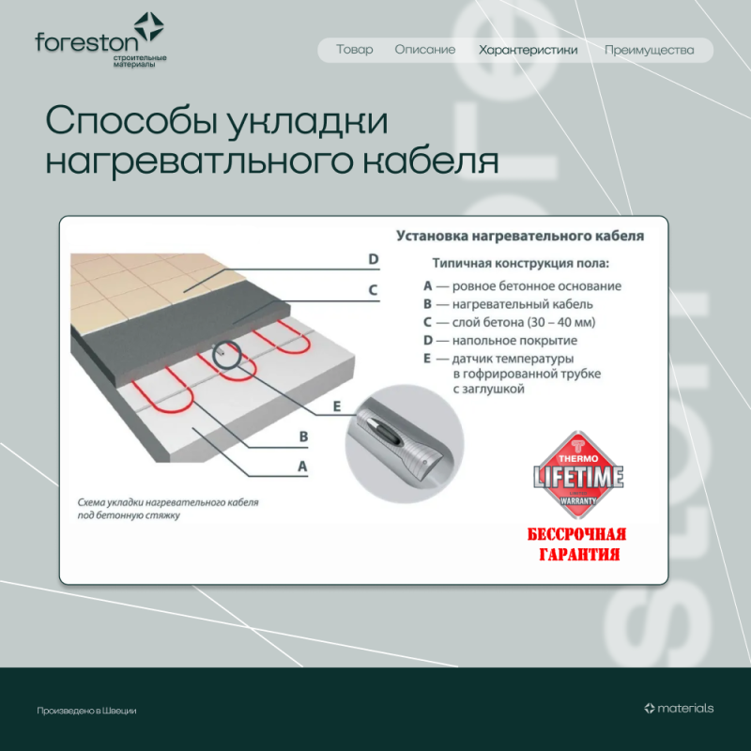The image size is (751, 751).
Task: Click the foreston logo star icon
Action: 148,27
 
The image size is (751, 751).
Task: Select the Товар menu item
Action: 354,50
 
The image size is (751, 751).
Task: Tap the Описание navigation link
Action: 424,50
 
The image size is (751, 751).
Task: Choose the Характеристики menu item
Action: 528,50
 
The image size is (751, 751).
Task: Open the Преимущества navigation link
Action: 649,50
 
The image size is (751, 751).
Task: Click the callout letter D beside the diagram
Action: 373,260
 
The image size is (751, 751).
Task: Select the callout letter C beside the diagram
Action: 373,290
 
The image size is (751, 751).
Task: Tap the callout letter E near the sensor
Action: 337,406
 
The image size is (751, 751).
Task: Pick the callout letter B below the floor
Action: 303,436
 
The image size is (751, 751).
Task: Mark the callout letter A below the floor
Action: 302,465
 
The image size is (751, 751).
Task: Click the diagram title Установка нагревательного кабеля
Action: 519,237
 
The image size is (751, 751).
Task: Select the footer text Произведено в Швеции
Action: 86,711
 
